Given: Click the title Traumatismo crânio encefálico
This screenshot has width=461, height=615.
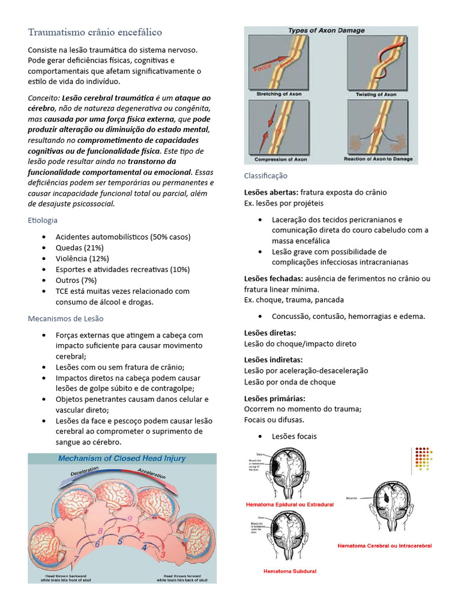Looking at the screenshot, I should pyautogui.click(x=95, y=31).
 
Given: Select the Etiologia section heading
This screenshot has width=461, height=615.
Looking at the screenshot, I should pyautogui.click(x=43, y=220).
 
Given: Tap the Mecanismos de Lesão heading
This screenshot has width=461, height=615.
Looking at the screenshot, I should pyautogui.click(x=65, y=318).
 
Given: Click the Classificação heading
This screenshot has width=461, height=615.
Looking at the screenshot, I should pyautogui.click(x=265, y=175).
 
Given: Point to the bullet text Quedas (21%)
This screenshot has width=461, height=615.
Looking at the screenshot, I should pyautogui.click(x=79, y=247).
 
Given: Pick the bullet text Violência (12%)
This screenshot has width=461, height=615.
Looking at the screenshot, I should pyautogui.click(x=82, y=258).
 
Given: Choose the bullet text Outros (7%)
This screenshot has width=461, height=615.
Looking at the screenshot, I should pyautogui.click(x=76, y=280).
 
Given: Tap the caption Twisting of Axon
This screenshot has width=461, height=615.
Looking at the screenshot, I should pyautogui.click(x=376, y=94).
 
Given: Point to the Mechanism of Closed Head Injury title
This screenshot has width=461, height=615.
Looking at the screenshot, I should pyautogui.click(x=122, y=458).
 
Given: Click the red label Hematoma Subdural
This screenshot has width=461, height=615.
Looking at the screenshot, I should pyautogui.click(x=290, y=571).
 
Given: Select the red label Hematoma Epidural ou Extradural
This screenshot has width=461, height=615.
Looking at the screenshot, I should pyautogui.click(x=289, y=504).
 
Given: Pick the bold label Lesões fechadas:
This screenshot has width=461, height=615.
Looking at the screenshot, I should pyautogui.click(x=274, y=279).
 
